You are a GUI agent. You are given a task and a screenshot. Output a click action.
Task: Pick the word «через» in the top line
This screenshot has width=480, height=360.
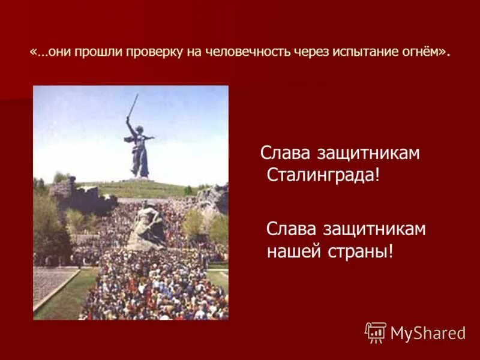coord(310,52)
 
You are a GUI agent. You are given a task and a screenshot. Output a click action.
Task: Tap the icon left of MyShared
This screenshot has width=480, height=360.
coord(376,332)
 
